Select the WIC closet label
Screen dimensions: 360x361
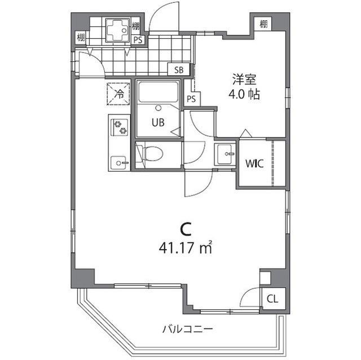pyautogui.click(x=254, y=164)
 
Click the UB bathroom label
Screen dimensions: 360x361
pyautogui.click(x=158, y=123)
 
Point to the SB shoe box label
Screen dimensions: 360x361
pyautogui.click(x=179, y=70)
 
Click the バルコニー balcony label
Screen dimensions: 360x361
pyautogui.click(x=187, y=328)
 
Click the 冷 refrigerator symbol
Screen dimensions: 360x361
pyautogui.click(x=119, y=94)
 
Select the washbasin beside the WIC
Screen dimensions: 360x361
pyautogui.click(x=226, y=153)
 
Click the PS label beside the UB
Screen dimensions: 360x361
pyautogui.click(x=192, y=99)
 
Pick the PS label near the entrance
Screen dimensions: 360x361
pyautogui.click(x=138, y=39)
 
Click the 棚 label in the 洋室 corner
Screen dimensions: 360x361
pyautogui.click(x=263, y=24)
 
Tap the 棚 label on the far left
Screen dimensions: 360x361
pyautogui.click(x=81, y=39)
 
